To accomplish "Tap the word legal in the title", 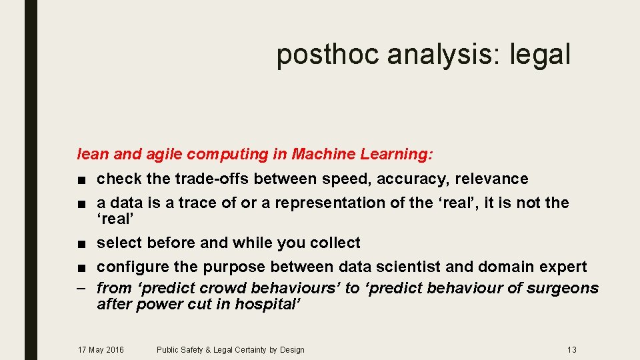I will [540, 55].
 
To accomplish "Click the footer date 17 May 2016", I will [101, 349].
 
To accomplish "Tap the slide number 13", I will [571, 349].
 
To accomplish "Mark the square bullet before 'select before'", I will [81, 243].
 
